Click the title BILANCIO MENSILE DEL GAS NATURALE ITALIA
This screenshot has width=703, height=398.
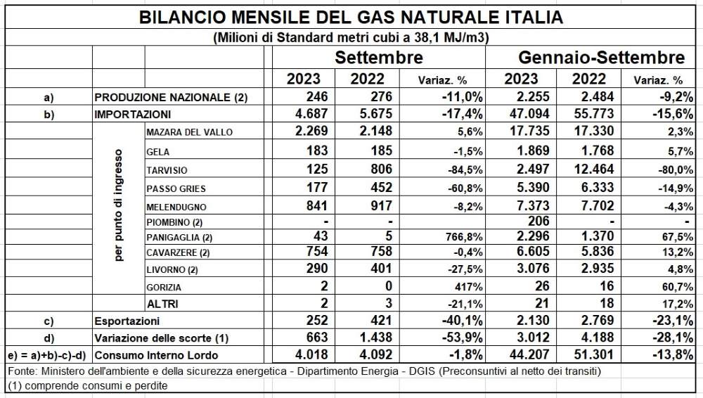(x=351, y=17)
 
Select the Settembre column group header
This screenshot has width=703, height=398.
(x=379, y=58)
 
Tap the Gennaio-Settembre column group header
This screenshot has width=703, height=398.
(x=602, y=58)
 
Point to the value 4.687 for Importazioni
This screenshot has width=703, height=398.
(x=311, y=113)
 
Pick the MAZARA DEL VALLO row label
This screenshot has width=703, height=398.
(x=190, y=132)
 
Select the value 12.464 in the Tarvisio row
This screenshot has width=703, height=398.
(x=593, y=169)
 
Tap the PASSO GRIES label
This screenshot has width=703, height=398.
(x=176, y=189)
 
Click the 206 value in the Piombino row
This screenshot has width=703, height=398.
(x=538, y=221)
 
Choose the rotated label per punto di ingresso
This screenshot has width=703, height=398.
(x=118, y=205)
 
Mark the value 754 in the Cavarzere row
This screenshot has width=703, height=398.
(x=317, y=251)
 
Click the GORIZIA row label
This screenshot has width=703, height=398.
(x=164, y=288)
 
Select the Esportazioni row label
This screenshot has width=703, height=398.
(x=127, y=321)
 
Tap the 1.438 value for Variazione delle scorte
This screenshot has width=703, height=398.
(x=376, y=338)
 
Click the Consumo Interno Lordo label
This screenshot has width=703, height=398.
(x=157, y=355)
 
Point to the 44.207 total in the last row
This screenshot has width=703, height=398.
(x=529, y=355)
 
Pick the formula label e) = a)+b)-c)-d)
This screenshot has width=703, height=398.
(x=47, y=356)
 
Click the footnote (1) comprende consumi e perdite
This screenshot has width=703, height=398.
(x=88, y=386)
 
